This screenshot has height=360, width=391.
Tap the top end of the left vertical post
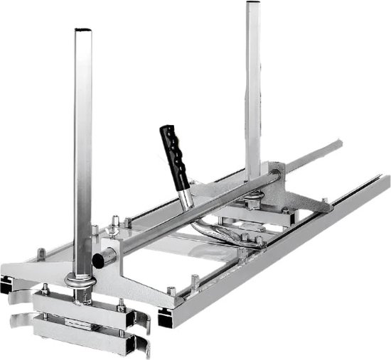point(84,32)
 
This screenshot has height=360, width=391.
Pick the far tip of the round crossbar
point(339,145)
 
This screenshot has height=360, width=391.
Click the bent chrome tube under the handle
point(206,234)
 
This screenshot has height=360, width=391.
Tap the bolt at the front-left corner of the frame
point(41,252)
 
